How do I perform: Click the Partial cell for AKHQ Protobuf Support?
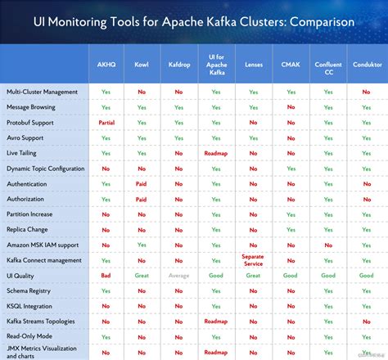coord(106,123)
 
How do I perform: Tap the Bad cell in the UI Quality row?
coord(106,276)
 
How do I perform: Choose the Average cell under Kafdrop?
coord(178,276)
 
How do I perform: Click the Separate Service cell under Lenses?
coord(254,260)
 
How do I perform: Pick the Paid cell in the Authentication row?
coord(142,184)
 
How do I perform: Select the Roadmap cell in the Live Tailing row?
coord(216,153)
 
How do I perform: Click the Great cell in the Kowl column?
coord(142,276)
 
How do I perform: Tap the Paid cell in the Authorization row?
coord(142,199)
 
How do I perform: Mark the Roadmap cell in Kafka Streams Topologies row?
coord(216,322)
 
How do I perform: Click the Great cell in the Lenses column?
coord(254,276)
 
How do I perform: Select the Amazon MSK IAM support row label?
coord(43,245)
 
